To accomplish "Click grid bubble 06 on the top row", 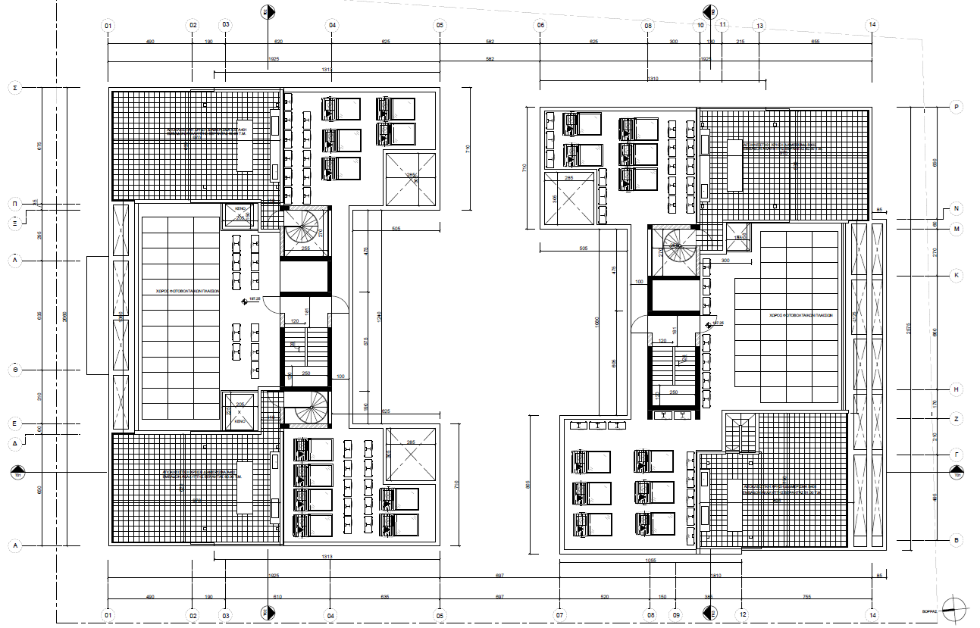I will (540, 25).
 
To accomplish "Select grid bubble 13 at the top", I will (759, 25).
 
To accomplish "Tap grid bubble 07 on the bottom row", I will (560, 614).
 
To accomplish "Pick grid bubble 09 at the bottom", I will (677, 614).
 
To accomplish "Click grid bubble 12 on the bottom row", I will (743, 614).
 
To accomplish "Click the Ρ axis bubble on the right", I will (957, 108).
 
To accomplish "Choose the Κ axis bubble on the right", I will (957, 276).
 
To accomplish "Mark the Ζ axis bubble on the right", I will (957, 418).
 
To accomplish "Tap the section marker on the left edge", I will (17, 474).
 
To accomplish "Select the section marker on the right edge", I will (958, 474).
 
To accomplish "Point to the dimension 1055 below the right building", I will (650, 561).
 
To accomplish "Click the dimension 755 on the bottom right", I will (807, 597).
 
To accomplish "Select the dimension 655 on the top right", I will (816, 42).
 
